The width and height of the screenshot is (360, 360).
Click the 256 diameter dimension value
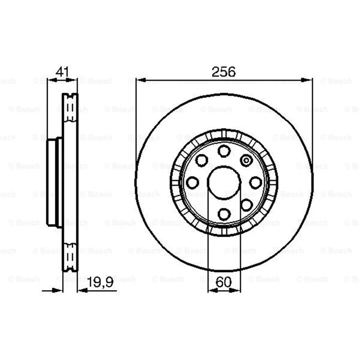click(223, 72)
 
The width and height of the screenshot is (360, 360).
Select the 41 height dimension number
click(62, 72)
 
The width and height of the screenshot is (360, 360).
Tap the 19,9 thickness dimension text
click(100, 282)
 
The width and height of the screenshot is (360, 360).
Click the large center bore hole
click(224, 183)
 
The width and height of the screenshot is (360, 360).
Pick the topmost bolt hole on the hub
click(224, 151)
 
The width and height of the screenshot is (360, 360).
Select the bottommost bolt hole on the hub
click(224, 214)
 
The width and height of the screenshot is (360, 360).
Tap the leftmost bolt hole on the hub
click(192, 183)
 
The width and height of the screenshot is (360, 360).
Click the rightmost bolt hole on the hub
click(256, 183)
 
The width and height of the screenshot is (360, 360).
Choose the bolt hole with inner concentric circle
click(246, 160)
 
